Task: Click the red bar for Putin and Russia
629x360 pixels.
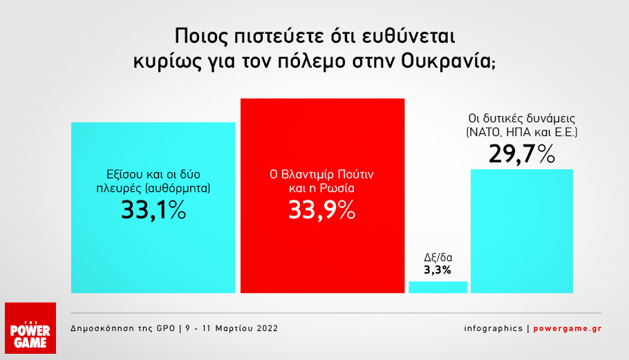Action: (x=323, y=196)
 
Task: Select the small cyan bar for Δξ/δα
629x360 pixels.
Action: (x=438, y=287)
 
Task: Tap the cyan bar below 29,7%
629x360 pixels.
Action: (x=521, y=231)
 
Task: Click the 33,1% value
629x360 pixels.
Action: (x=153, y=209)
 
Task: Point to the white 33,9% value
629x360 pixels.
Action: (x=321, y=209)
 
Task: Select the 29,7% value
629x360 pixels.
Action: (x=522, y=154)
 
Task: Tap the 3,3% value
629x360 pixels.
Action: (x=438, y=269)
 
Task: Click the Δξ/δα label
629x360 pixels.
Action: (x=438, y=257)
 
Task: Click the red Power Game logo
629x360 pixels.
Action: (x=30, y=328)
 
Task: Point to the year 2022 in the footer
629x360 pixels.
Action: (x=267, y=328)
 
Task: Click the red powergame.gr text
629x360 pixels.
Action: (x=567, y=328)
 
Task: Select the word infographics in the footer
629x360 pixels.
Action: (x=494, y=328)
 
